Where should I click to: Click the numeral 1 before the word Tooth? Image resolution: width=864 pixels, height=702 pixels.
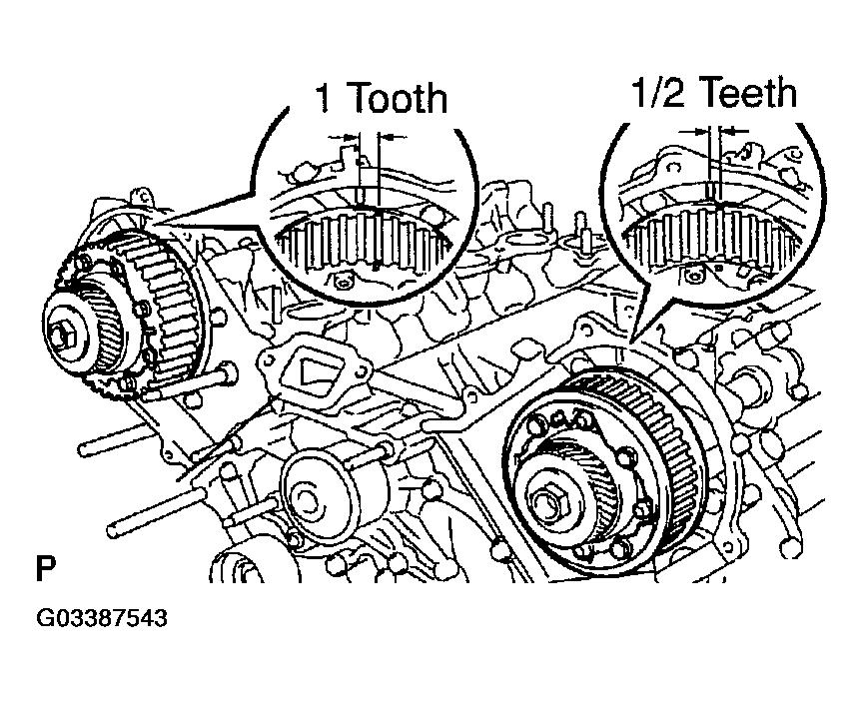(x=324, y=100)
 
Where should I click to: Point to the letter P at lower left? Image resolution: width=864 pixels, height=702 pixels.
(x=46, y=571)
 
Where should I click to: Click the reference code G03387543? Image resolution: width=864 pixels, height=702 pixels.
(x=102, y=618)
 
